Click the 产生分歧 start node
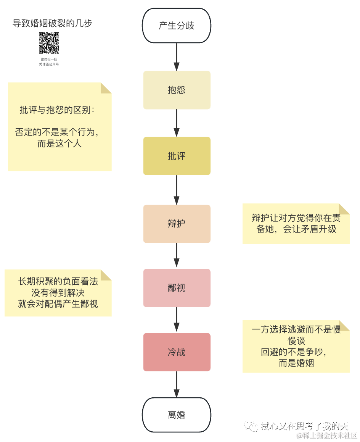point(177,26)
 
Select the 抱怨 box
point(177,90)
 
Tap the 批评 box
point(177,156)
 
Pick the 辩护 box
point(177,224)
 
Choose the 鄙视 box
point(177,288)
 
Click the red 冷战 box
point(177,352)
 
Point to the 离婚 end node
point(177,415)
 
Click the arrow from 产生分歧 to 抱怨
point(177,56)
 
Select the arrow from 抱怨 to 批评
point(177,123)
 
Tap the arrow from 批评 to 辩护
point(177,190)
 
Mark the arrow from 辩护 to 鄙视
point(177,255)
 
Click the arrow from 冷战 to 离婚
point(177,384)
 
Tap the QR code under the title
point(49,43)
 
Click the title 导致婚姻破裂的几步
point(52,24)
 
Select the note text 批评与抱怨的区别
point(56,110)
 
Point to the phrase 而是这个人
point(59,144)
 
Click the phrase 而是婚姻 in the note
point(296,363)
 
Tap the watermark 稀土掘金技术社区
point(327,436)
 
